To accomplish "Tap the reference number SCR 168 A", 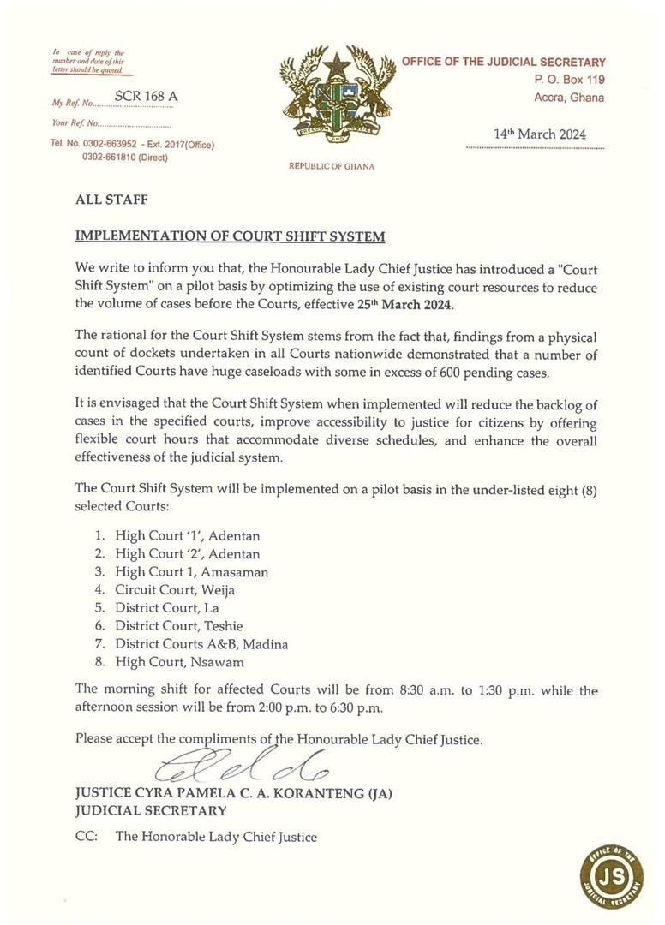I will tap(146, 96).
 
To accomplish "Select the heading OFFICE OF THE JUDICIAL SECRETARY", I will tap(504, 62).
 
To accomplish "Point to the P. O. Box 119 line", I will tap(567, 80).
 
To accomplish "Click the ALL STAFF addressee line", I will tap(111, 200).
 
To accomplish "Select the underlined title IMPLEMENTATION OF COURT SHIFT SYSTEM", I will tap(230, 236).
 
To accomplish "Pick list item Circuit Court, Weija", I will tap(175, 589).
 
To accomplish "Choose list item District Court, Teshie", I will tap(177, 625).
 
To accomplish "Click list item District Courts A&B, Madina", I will tap(201, 643).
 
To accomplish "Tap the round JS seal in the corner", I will tap(611, 877).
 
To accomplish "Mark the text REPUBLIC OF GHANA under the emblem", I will tap(332, 166).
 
